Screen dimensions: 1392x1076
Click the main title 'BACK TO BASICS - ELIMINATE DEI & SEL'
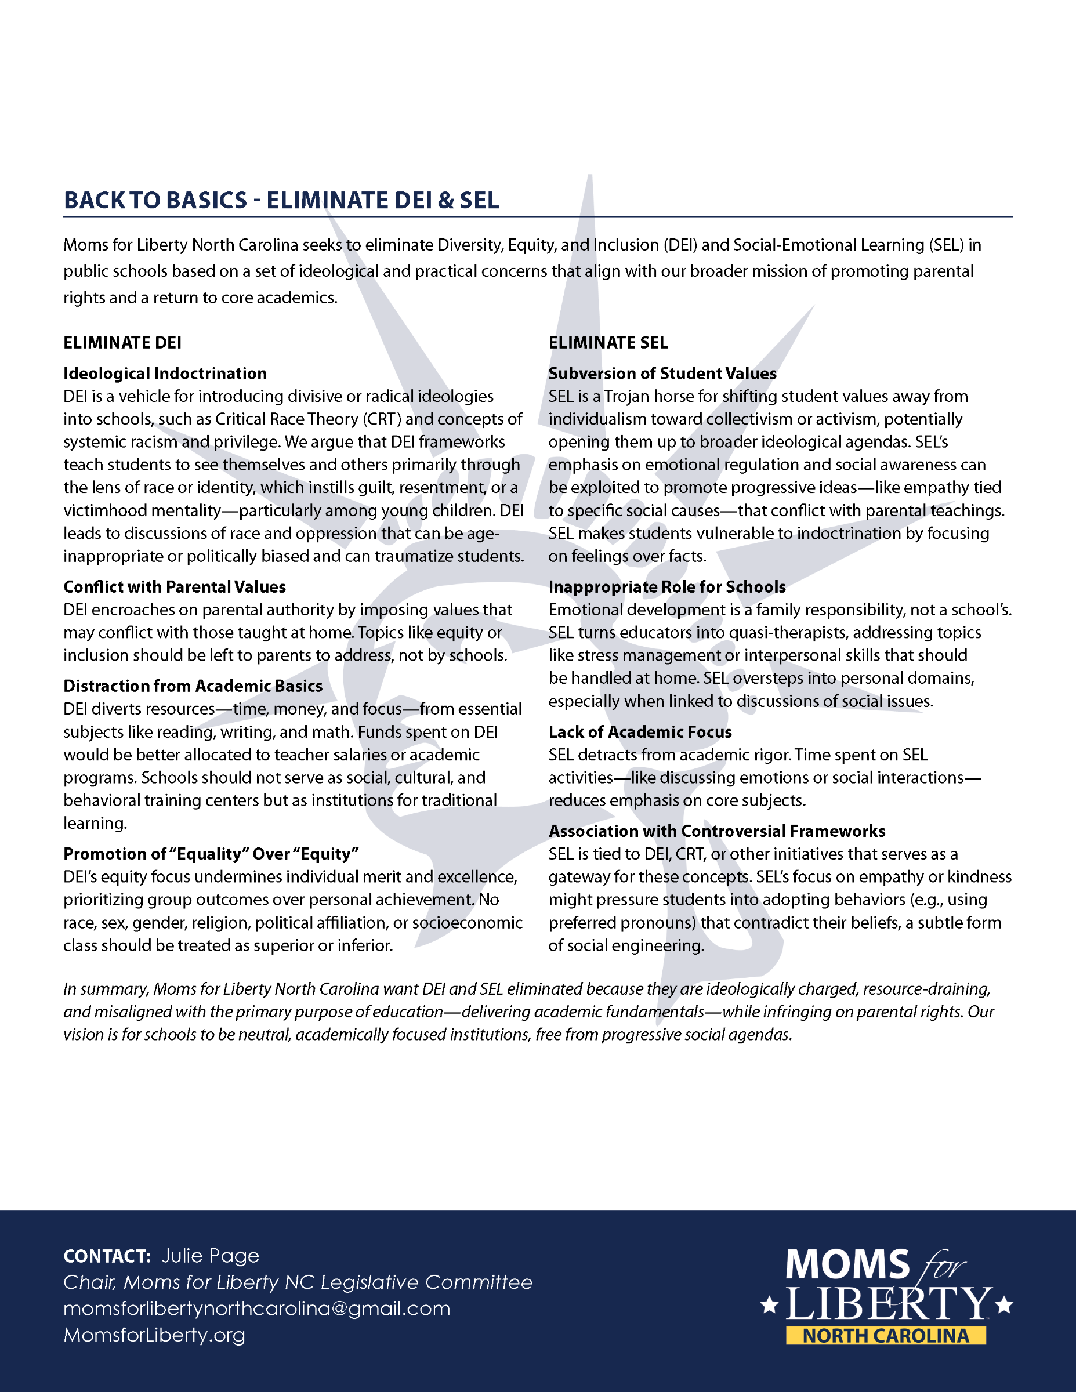coord(281,200)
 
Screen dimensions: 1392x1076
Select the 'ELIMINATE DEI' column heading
coord(122,343)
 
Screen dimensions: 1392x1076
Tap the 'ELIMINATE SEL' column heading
coord(608,343)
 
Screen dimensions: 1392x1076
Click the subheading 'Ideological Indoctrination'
coord(165,374)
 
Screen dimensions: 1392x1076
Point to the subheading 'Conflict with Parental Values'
coord(175,587)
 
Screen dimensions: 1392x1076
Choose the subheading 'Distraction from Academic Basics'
coord(193,687)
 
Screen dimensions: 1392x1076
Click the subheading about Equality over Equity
coord(211,854)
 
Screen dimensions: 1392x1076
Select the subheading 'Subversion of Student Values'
coord(662,374)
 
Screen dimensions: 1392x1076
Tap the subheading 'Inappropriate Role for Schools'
coord(666,587)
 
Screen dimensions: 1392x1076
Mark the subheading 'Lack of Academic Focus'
coord(640,733)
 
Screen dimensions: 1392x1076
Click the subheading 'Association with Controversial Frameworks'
coord(717,832)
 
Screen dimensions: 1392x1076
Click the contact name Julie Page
coord(211,1256)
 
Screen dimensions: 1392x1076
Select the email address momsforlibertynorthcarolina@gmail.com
coord(257,1309)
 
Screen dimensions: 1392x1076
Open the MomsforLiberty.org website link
coord(154,1335)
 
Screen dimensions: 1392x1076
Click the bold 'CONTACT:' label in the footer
coord(107,1256)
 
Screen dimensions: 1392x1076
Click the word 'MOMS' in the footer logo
coord(847,1264)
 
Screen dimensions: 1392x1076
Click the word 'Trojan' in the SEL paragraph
coord(626,397)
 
